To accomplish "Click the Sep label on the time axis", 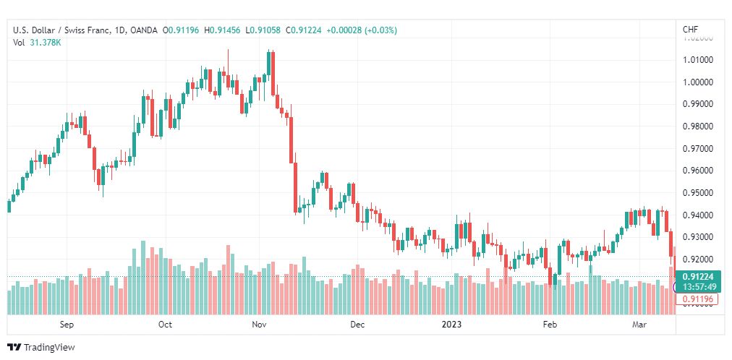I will [x=67, y=325].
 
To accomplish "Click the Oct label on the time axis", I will [x=165, y=325].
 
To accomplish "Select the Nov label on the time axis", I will [x=260, y=325].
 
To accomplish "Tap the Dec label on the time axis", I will [x=357, y=325].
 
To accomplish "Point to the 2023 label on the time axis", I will [x=452, y=325].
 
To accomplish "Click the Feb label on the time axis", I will [x=550, y=325].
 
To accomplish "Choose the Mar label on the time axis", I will [x=639, y=325].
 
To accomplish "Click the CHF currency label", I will [x=690, y=30].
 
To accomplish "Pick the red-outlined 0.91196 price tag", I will [x=697, y=299].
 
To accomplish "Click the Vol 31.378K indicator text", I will [x=37, y=43].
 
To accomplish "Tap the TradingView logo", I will [x=41, y=348].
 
